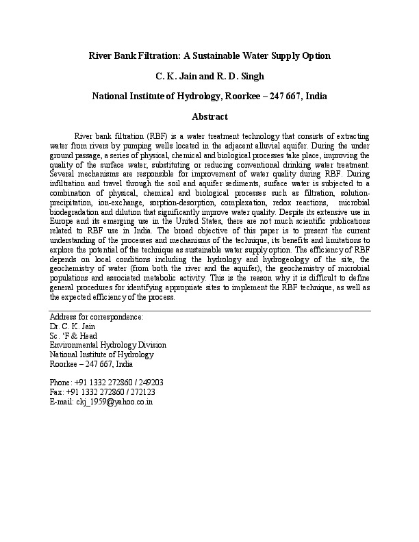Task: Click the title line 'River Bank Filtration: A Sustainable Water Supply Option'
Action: tap(209, 55)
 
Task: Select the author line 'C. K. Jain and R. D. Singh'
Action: tap(209, 75)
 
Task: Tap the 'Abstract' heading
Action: tap(209, 117)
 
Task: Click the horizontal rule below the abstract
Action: tap(209, 311)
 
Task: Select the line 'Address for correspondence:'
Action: tap(97, 318)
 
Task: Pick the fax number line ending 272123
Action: tap(102, 392)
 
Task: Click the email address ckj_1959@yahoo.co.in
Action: tap(101, 402)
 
